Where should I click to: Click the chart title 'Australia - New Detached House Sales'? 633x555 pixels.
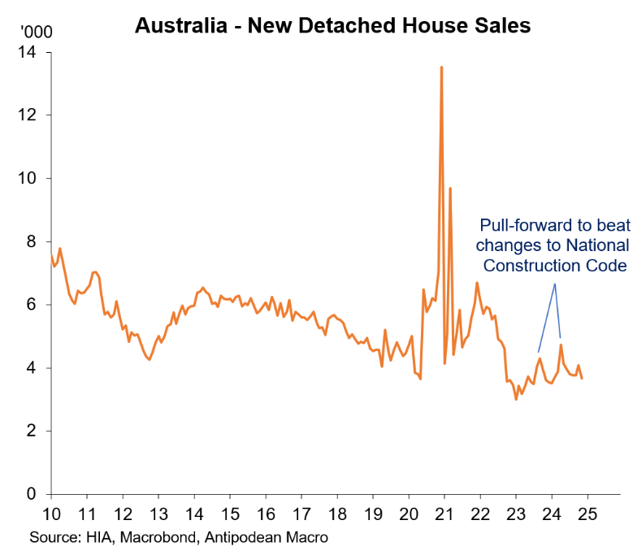[x=332, y=25]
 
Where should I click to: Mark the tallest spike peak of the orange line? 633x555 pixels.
[x=441, y=67]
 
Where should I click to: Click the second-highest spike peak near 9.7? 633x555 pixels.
[x=449, y=189]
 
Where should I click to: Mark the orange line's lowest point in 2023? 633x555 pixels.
[x=516, y=399]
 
